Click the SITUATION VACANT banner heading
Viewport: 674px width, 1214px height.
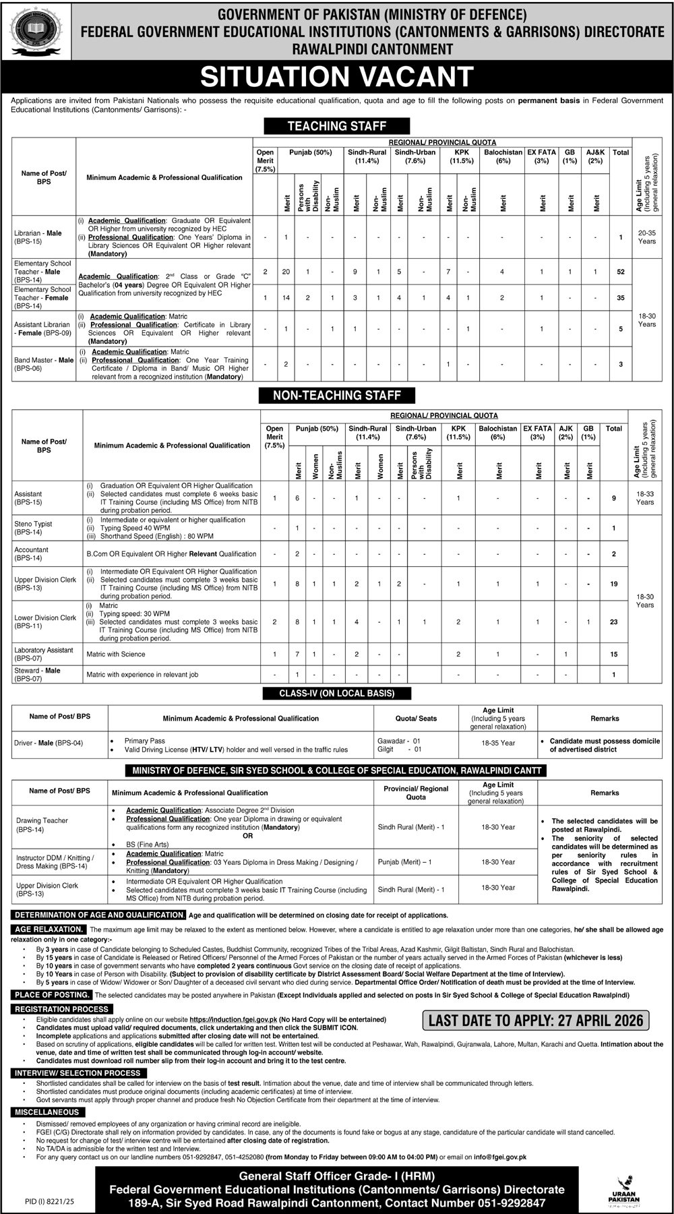pos(337,77)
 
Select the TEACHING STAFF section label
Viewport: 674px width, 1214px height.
pos(336,126)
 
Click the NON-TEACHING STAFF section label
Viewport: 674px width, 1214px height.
pos(336,396)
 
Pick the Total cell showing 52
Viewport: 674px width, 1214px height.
pos(620,272)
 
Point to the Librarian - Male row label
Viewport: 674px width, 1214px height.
pos(38,237)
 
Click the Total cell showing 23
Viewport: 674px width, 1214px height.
pos(613,621)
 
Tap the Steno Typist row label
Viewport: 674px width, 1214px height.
pos(33,528)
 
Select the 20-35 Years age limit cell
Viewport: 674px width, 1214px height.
pos(646,237)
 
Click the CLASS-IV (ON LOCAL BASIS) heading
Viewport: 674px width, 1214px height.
pos(336,693)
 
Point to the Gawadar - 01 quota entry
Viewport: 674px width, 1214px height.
pos(399,740)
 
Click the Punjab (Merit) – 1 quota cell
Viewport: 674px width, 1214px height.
pos(405,862)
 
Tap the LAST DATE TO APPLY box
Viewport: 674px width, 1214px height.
pos(535,1021)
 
